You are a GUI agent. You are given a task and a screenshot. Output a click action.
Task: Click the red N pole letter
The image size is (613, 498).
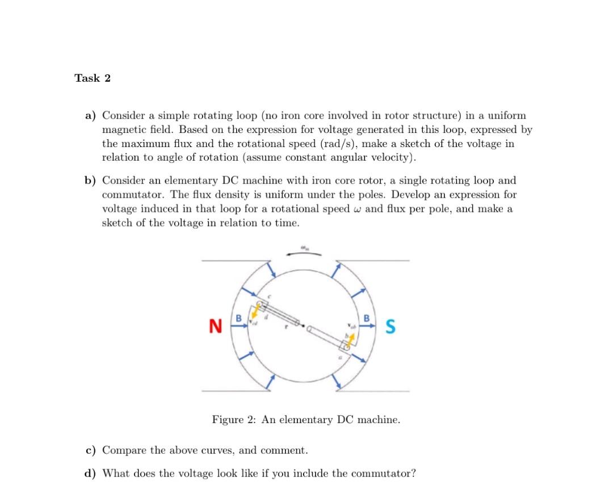tap(215, 327)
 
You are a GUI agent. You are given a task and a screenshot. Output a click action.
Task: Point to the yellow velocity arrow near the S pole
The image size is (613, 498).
tap(352, 340)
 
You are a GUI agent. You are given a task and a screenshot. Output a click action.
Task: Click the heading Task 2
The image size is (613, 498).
tap(93, 78)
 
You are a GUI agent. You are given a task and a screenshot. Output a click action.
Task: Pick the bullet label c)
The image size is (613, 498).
tap(90, 451)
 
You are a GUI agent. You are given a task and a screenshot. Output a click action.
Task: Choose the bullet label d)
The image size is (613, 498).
tap(91, 474)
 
